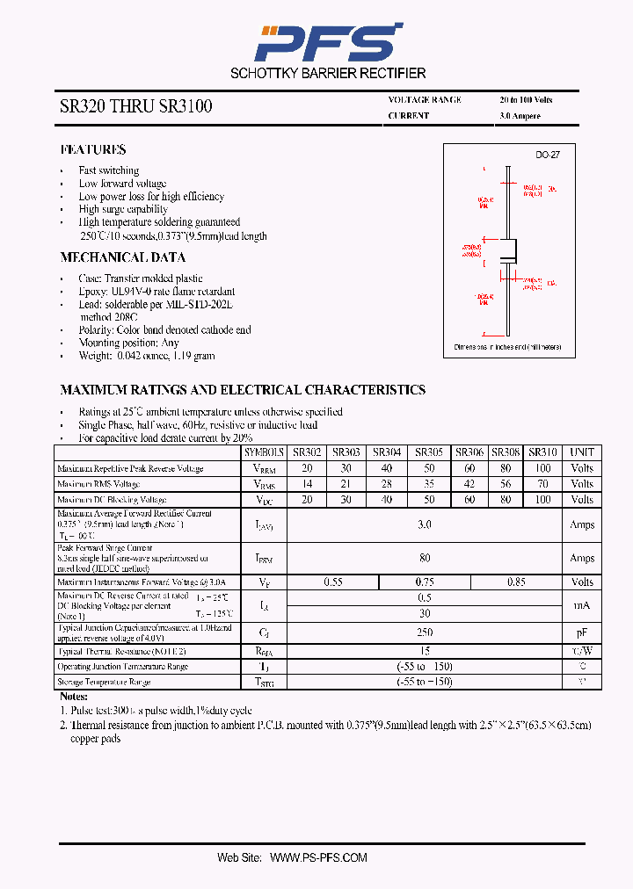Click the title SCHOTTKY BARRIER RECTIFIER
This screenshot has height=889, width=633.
click(328, 74)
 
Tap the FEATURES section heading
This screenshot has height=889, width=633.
click(93, 150)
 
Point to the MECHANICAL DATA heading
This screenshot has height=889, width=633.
click(122, 257)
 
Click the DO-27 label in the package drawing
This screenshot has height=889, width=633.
click(548, 155)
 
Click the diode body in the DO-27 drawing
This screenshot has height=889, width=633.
click(508, 254)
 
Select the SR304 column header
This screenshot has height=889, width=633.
click(387, 452)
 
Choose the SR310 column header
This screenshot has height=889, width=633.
click(542, 452)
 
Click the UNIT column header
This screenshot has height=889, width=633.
click(582, 452)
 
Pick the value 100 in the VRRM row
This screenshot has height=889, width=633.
click(542, 468)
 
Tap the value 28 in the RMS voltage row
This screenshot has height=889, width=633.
click(387, 484)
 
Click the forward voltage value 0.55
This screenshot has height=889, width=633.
click(333, 582)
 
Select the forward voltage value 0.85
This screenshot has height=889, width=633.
click(517, 582)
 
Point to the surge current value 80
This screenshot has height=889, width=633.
click(425, 558)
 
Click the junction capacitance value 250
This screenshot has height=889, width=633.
click(425, 632)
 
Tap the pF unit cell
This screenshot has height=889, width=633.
click(582, 632)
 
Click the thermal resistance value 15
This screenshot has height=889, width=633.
click(425, 651)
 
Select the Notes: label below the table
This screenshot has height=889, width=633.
click(74, 696)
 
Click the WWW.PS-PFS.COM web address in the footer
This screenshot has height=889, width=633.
click(318, 857)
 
